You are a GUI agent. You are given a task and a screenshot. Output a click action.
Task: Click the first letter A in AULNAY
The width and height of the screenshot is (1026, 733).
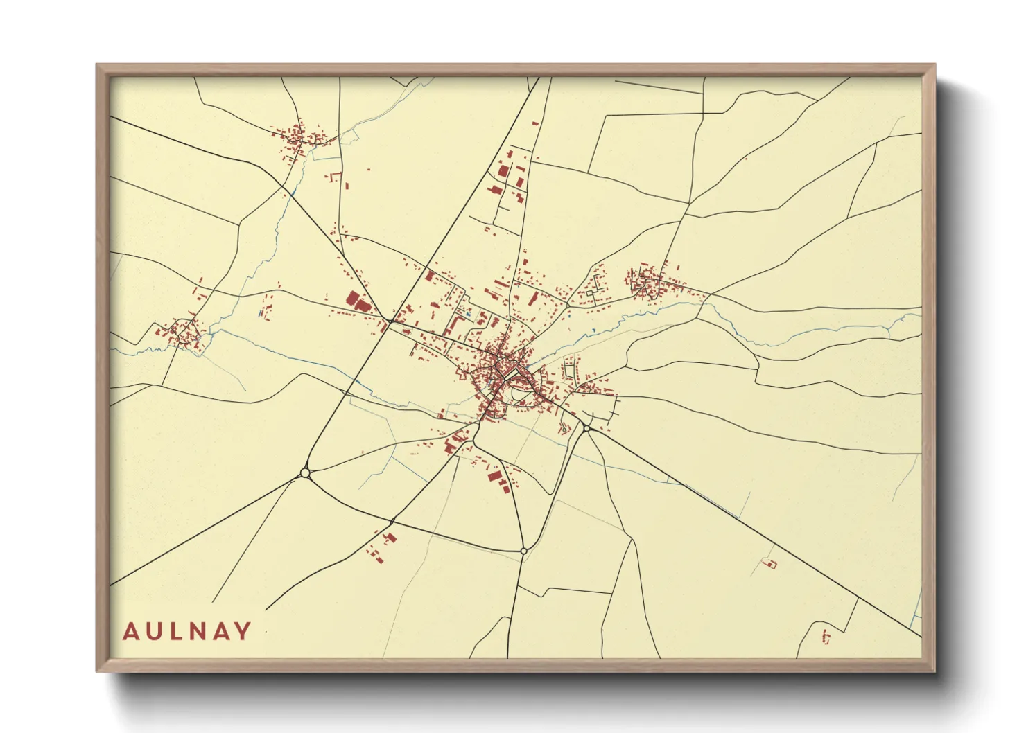pos(130,631)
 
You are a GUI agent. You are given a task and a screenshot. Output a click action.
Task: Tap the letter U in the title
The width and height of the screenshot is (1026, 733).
pos(154,631)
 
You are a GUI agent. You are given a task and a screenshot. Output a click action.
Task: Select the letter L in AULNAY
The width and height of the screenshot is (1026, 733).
pos(177,631)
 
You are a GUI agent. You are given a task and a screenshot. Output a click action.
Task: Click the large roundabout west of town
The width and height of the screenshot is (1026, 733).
pos(304,473)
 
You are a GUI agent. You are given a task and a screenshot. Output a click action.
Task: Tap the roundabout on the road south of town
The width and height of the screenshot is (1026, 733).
pos(523,551)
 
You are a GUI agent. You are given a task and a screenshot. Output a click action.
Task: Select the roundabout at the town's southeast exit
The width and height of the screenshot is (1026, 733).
pos(586,428)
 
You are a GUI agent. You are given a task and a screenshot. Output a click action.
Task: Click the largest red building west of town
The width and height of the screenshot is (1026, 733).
pos(356,301)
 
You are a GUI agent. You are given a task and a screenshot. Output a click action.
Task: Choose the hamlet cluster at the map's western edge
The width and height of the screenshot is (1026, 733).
pos(184,333)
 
